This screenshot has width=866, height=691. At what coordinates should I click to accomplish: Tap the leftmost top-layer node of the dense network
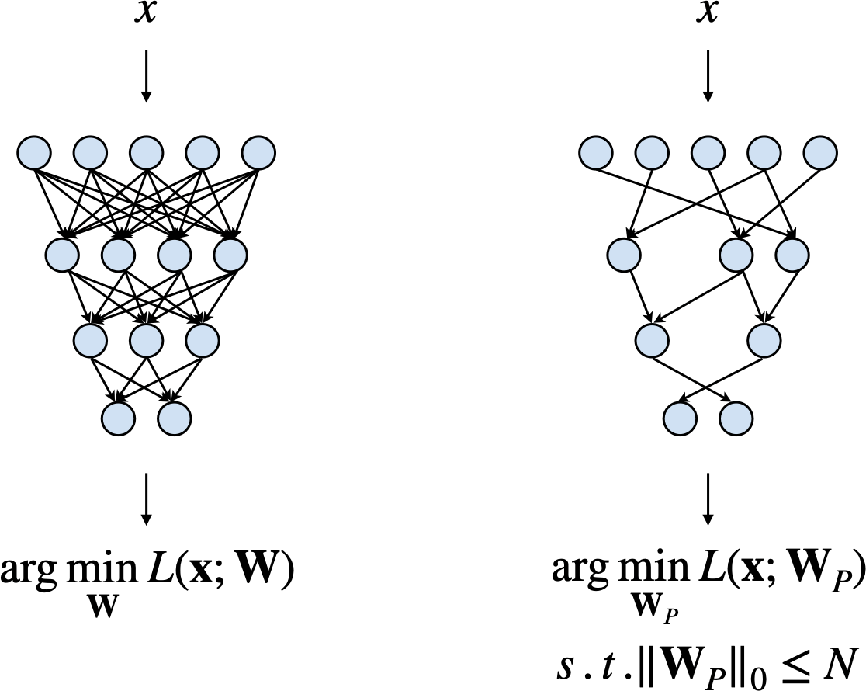(x=34, y=151)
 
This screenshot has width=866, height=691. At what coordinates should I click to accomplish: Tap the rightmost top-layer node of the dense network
(x=258, y=151)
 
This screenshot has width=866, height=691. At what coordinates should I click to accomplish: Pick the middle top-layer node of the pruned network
(x=707, y=151)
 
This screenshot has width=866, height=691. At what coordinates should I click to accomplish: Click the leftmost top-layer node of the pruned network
(x=595, y=151)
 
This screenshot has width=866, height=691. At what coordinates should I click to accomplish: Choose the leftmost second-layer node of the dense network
(x=62, y=252)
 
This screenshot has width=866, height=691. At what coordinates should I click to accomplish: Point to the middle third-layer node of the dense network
(x=146, y=337)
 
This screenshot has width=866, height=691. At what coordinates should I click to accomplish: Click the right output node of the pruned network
(x=735, y=419)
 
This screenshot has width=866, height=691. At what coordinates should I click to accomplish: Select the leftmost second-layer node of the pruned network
(x=623, y=252)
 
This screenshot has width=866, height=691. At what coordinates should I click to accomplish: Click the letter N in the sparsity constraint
(x=839, y=664)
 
